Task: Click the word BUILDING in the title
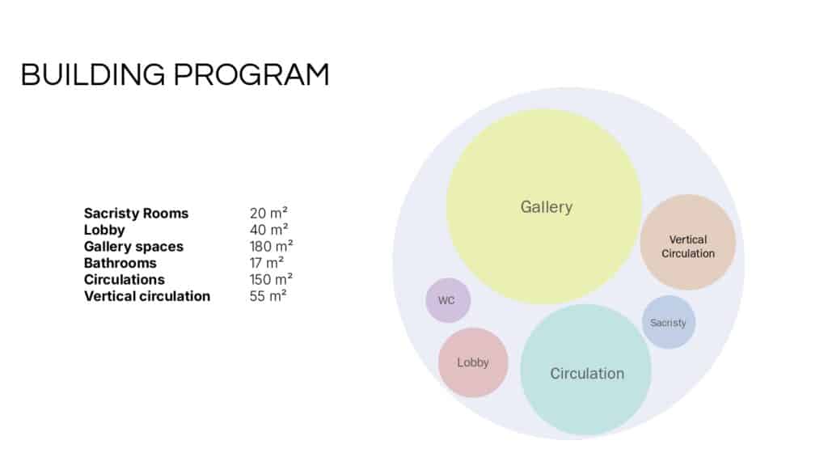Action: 93,74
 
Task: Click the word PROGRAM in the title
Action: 251,74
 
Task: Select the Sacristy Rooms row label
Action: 136,214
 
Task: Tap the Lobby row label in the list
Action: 104,230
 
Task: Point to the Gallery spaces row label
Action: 133,247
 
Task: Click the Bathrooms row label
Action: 120,263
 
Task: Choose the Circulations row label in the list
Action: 124,279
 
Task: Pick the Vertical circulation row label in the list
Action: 147,296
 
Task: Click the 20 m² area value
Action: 268,213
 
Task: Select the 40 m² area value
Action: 268,230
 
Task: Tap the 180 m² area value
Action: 272,246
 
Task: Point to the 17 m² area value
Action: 267,263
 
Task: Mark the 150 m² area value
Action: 271,279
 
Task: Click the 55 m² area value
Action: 268,296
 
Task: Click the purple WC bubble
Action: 448,300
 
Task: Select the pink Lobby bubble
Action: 473,362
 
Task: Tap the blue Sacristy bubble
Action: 669,322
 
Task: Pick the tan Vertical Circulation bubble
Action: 688,242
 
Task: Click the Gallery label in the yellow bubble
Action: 547,206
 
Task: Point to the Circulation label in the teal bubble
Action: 587,374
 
